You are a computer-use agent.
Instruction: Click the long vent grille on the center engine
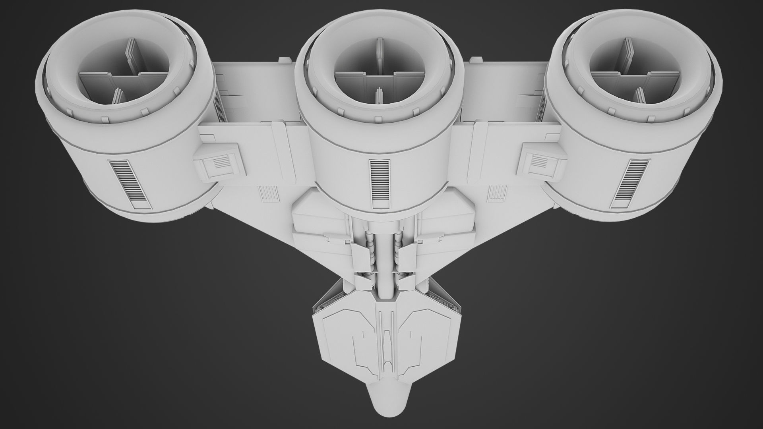[x=379, y=184]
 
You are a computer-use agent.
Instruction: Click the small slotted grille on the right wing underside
[x=495, y=193]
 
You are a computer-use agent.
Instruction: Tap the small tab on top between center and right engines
[x=475, y=60]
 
